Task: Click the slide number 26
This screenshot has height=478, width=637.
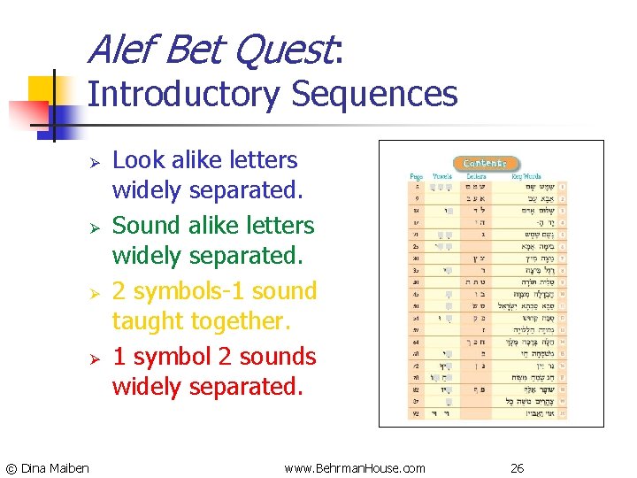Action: [x=517, y=467]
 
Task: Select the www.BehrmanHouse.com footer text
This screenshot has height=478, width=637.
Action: [x=355, y=467]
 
